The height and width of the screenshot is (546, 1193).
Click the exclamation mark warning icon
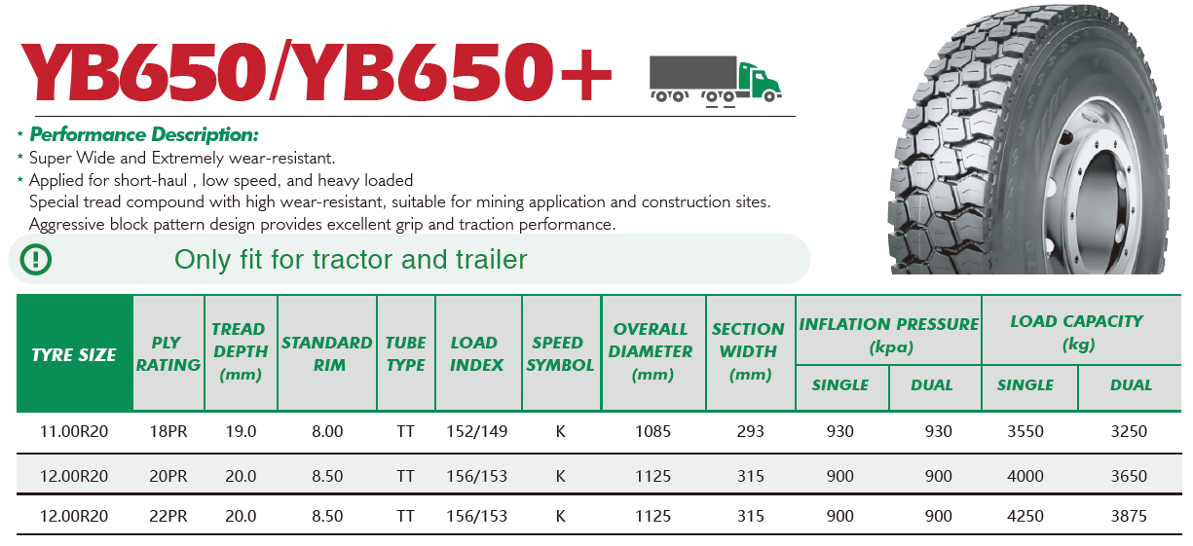click(x=36, y=260)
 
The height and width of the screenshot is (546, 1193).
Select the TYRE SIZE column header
click(x=74, y=355)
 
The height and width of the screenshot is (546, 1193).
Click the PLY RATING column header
click(x=168, y=353)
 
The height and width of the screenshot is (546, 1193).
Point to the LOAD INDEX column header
click(x=476, y=353)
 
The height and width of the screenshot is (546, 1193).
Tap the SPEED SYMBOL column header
click(x=560, y=353)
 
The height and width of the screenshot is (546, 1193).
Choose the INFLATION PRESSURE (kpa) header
click(x=889, y=335)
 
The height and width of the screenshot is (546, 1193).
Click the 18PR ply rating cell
click(x=168, y=431)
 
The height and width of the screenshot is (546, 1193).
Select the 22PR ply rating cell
click(x=168, y=516)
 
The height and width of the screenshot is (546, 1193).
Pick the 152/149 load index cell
click(x=477, y=431)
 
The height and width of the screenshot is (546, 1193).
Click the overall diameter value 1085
click(x=652, y=431)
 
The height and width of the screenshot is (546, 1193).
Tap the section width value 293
click(x=751, y=431)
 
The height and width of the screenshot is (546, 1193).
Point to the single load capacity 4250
click(x=1025, y=516)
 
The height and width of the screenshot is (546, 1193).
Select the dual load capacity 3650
click(x=1129, y=476)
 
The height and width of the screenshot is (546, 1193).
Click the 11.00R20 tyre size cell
click(x=74, y=431)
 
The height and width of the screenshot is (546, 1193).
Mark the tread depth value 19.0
click(x=241, y=431)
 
